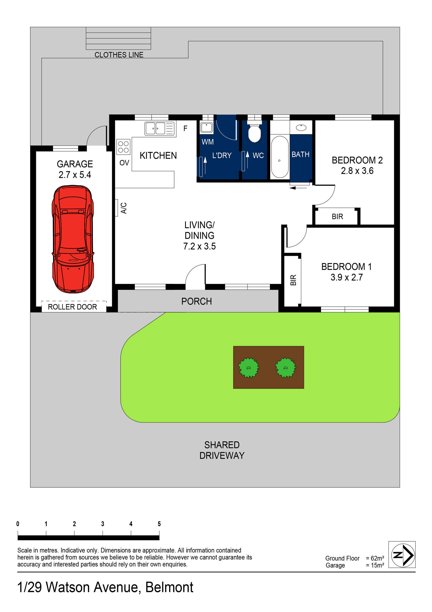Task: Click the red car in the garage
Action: [73, 239]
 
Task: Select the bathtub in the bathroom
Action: [280, 157]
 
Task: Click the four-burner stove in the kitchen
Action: [123, 147]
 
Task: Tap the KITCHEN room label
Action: [158, 155]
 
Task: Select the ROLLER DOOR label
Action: [72, 307]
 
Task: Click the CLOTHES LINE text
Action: [119, 55]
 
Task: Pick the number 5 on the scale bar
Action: [159, 524]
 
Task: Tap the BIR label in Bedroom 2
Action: [337, 216]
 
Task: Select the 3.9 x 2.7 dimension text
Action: [347, 277]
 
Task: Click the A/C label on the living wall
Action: [124, 208]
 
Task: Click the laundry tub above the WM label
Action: [207, 127]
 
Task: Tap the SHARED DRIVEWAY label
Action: [222, 450]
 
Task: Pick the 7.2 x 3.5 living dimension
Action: [199, 246]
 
